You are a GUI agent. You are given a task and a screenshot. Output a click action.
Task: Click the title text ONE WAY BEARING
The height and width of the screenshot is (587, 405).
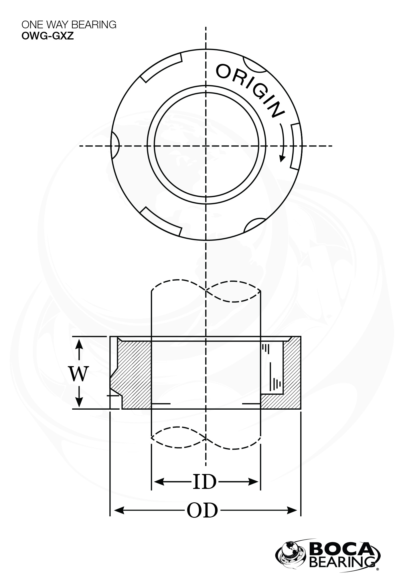69,25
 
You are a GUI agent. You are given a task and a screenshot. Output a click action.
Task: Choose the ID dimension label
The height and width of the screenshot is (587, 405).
204,481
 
